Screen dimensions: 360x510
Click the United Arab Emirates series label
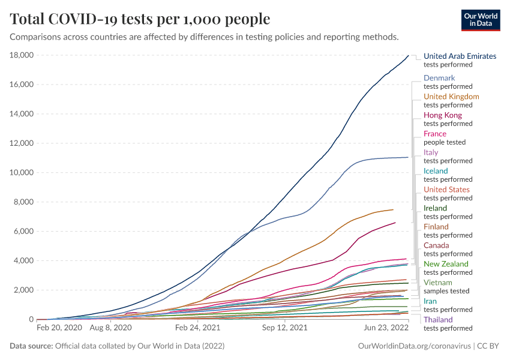click(x=460, y=56)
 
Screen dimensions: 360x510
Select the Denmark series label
click(x=439, y=78)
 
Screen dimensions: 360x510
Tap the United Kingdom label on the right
click(x=451, y=97)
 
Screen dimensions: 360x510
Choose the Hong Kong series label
click(x=443, y=115)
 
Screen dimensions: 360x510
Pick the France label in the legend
click(x=435, y=134)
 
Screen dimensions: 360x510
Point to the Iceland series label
click(x=436, y=171)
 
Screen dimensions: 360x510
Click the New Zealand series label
click(x=446, y=264)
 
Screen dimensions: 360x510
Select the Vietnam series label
click(x=438, y=283)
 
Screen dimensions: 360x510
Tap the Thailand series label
click(x=438, y=320)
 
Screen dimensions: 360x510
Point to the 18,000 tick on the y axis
click(x=21, y=55)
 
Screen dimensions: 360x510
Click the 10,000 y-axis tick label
click(x=21, y=173)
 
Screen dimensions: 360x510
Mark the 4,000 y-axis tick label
click(x=23, y=261)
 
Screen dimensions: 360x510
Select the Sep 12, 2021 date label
click(x=284, y=328)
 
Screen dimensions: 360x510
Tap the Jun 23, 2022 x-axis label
click(x=386, y=328)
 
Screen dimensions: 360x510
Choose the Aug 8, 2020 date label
click(x=110, y=328)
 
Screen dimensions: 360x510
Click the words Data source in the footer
click(x=31, y=346)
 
